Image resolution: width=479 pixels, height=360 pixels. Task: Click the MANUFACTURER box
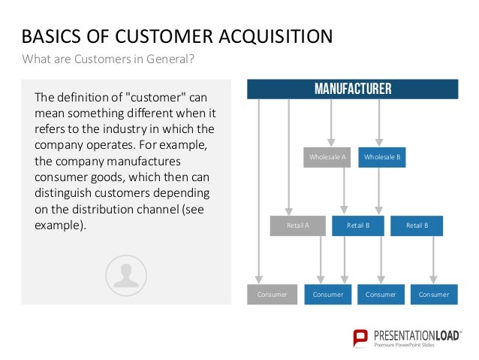[352, 89]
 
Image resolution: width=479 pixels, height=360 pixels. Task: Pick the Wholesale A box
[328, 158]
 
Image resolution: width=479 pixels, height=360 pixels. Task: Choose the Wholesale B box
[382, 158]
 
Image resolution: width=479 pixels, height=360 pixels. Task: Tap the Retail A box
[297, 225]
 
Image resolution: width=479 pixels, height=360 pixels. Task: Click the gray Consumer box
[273, 295]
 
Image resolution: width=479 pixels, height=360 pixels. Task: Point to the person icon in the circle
[126, 274]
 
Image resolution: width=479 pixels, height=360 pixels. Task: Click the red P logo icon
[360, 337]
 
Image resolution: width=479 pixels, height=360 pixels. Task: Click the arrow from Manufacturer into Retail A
[288, 158]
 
